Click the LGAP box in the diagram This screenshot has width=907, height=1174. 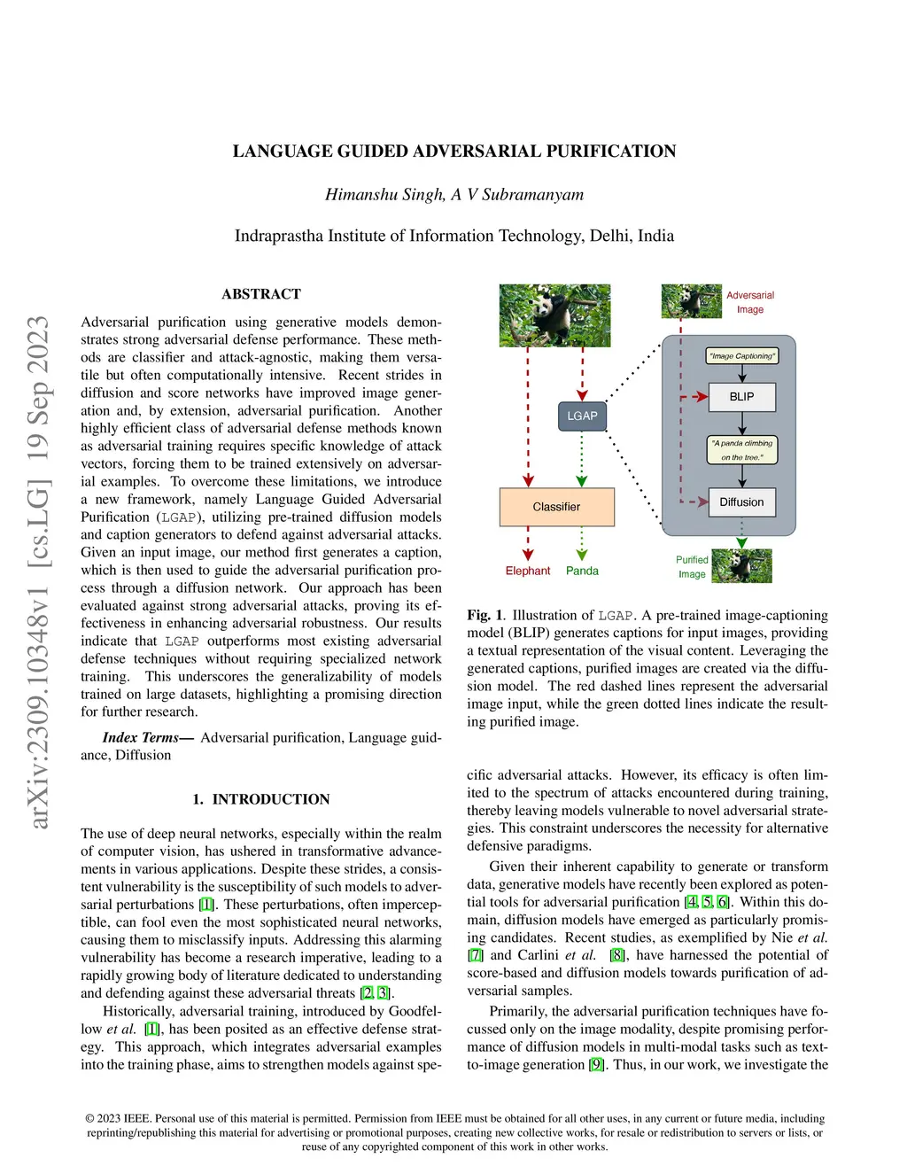(x=582, y=416)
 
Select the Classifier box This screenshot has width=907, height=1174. (x=556, y=507)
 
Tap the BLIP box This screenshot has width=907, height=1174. (x=742, y=397)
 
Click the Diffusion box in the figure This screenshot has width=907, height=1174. (x=741, y=502)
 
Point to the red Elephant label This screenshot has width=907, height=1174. (x=528, y=571)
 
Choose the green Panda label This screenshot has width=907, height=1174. (x=582, y=571)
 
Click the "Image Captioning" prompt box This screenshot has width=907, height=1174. (x=742, y=356)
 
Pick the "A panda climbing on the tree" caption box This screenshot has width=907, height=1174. (x=742, y=450)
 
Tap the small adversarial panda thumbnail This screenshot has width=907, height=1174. (x=691, y=301)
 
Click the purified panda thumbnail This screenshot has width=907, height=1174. (x=742, y=566)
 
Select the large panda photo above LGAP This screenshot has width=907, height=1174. (x=554, y=315)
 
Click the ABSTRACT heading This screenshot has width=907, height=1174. (x=261, y=294)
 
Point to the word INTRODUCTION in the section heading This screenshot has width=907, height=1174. (x=271, y=799)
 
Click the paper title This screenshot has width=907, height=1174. (x=454, y=152)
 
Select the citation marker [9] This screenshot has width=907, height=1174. (x=596, y=1064)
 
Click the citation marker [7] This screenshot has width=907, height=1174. (x=476, y=955)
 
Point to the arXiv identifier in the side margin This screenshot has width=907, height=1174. (x=38, y=571)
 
